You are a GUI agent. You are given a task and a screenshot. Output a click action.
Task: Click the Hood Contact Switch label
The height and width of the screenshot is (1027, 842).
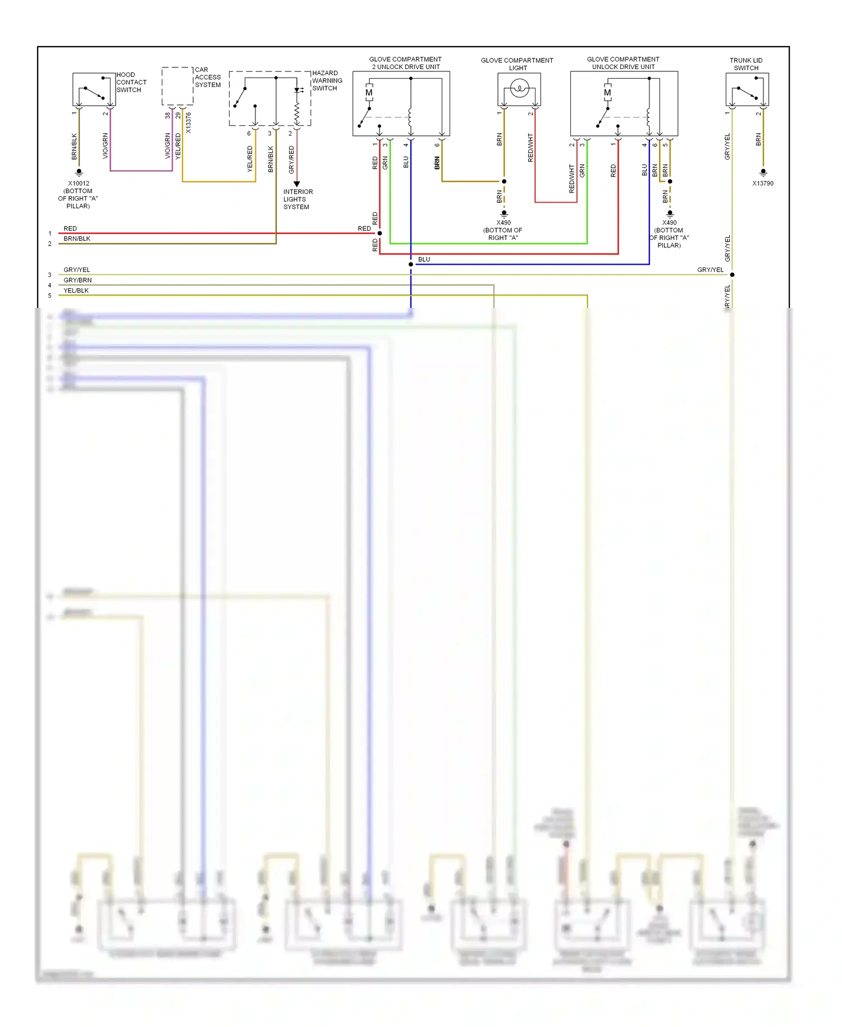[131, 82]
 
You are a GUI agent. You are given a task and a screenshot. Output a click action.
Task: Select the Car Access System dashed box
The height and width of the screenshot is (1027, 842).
[177, 86]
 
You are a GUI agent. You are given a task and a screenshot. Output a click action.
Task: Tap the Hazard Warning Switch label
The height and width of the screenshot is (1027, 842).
[327, 80]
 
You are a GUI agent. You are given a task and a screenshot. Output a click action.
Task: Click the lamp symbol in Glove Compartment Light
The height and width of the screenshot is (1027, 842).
[520, 88]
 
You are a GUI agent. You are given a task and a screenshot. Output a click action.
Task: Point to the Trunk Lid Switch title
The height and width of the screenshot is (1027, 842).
[745, 64]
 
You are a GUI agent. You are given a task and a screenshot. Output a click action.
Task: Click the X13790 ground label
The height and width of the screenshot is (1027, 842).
[763, 183]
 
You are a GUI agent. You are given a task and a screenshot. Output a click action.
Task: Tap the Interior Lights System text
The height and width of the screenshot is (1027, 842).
[298, 199]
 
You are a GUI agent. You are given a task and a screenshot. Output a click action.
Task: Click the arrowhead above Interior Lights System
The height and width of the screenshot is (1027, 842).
[297, 184]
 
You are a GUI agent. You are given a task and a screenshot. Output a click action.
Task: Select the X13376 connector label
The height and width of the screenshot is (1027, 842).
[189, 122]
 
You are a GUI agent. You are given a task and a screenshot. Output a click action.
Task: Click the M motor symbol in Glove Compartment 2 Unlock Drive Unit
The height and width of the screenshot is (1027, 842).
[369, 93]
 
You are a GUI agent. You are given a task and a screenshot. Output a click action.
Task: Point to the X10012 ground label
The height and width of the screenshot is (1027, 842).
[79, 183]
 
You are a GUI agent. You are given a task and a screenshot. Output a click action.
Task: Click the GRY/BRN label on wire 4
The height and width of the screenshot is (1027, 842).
[77, 280]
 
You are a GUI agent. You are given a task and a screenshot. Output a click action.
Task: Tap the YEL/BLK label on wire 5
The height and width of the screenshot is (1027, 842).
[76, 290]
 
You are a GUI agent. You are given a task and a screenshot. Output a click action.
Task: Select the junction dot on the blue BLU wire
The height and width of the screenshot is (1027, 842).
[411, 264]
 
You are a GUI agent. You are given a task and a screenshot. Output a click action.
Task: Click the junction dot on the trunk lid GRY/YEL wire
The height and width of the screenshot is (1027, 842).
[732, 275]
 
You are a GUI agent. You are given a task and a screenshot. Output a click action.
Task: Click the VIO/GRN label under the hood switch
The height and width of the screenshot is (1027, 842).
[106, 146]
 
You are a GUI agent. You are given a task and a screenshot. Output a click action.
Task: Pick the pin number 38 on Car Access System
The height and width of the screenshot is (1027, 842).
[167, 115]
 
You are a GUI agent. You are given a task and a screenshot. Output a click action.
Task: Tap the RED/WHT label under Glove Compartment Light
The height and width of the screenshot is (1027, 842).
[530, 148]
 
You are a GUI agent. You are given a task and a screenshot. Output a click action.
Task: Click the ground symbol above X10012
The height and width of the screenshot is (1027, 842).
[79, 172]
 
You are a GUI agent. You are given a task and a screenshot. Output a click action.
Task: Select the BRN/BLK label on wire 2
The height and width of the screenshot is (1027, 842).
[77, 239]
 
